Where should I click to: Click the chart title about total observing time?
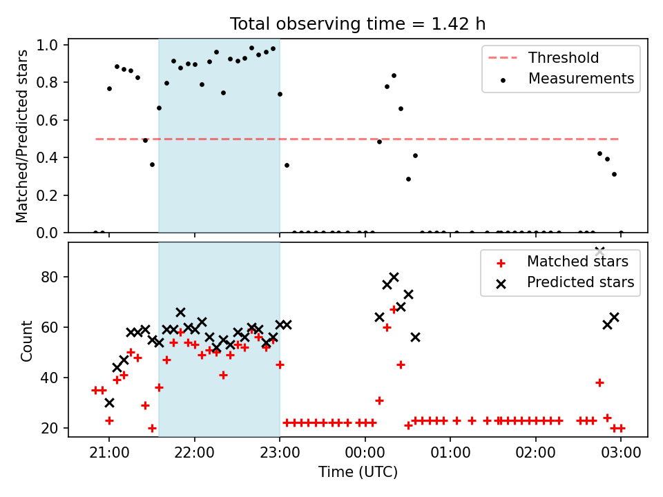358,24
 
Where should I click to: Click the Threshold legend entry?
544,57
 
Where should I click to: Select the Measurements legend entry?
566,79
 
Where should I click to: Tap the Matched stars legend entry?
562,262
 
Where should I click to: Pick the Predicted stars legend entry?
565,282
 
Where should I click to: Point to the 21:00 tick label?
109,453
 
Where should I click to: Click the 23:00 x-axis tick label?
280,453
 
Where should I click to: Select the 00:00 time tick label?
365,453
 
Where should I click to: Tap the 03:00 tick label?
621,453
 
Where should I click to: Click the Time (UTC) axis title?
358,472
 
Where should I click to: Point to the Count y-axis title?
27,340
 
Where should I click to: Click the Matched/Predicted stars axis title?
21,136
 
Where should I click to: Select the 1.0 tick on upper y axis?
46,45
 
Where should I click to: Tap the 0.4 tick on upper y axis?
46,157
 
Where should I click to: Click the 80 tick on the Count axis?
50,277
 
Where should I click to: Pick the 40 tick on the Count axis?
50,378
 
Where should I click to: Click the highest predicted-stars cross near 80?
394,277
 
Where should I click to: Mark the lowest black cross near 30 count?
110,403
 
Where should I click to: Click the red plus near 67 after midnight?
394,310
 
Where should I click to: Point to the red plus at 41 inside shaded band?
223,375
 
